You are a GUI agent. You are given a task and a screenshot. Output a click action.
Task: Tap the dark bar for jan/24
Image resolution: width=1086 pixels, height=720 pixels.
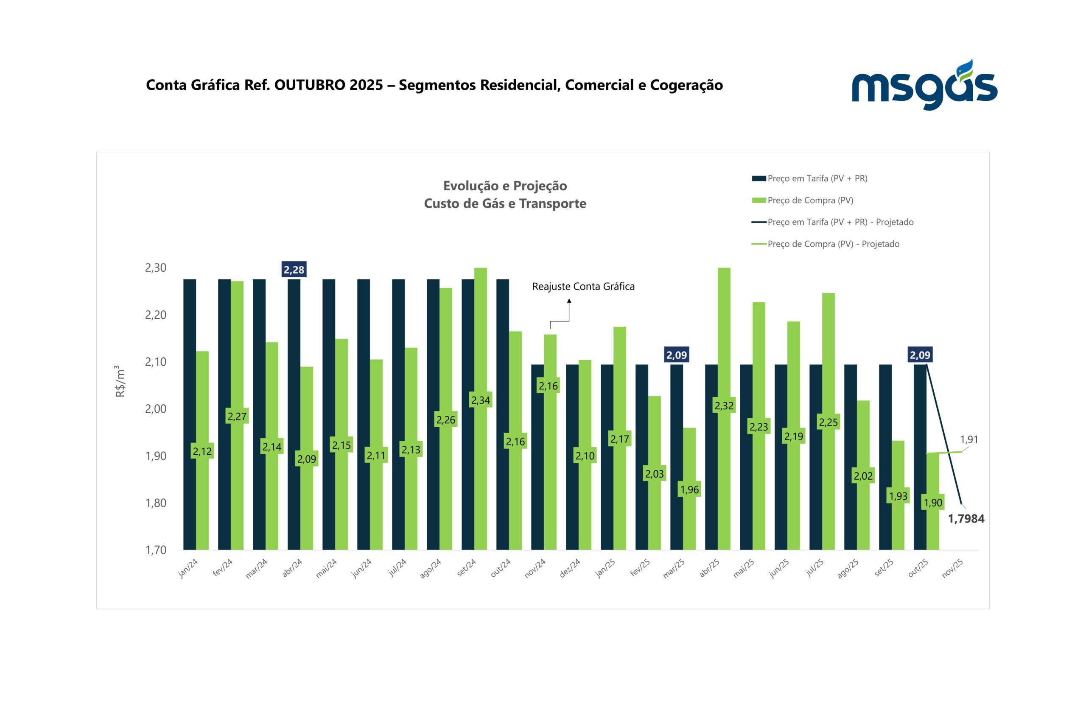coord(189,413)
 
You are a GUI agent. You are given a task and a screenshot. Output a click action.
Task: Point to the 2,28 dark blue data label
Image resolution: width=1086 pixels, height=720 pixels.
coord(294,270)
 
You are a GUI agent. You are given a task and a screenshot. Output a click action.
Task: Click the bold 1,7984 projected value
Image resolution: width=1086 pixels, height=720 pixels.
coord(966,519)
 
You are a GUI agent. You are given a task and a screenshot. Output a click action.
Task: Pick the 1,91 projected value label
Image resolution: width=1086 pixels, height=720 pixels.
coord(969,439)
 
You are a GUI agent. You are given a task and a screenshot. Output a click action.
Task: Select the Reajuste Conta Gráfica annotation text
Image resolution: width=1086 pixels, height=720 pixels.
coord(583,286)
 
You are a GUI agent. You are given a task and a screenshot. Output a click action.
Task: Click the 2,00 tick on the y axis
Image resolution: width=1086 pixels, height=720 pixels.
coord(155,409)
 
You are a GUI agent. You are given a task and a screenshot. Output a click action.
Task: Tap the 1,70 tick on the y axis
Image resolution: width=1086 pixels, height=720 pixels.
coord(155,550)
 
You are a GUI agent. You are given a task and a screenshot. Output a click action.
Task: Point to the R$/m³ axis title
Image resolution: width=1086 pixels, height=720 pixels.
coord(120,381)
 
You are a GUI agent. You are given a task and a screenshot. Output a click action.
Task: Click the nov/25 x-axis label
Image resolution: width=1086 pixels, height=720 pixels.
coord(952,568)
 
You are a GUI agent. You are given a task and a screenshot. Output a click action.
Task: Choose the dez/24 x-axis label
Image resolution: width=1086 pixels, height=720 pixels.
coord(570,568)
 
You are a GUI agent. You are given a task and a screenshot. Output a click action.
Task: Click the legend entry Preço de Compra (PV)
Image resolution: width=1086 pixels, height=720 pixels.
coord(810,200)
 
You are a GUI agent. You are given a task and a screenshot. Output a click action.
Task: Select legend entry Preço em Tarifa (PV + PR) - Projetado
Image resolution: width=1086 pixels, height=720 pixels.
coord(840,222)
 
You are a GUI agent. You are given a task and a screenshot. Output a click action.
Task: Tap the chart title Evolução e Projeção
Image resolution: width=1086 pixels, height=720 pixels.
coord(505,186)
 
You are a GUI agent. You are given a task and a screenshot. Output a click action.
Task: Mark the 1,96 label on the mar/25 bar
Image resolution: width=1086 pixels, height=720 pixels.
coord(689,489)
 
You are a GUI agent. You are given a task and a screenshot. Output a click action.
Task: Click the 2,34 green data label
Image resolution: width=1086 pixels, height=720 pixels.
coord(480,400)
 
